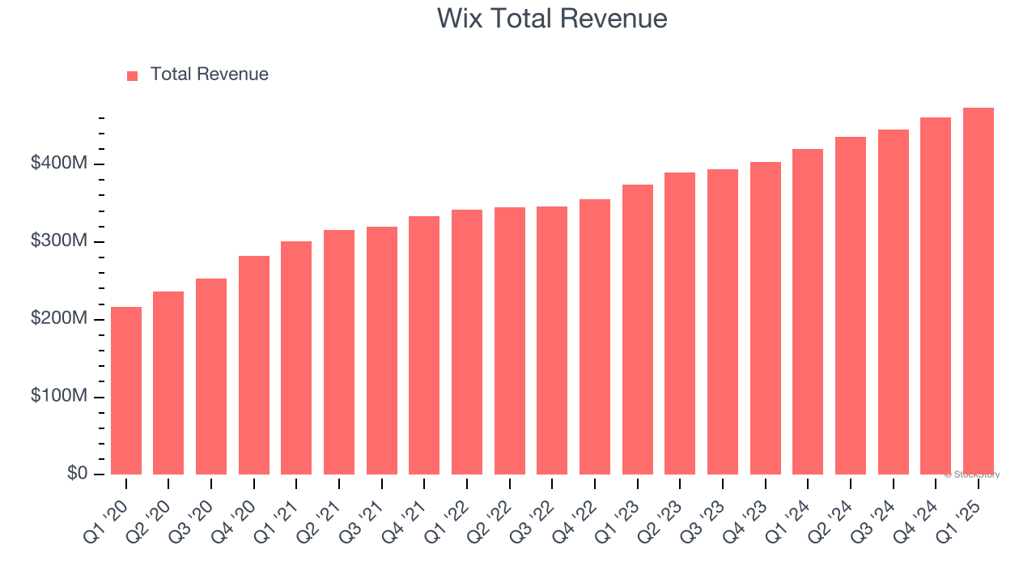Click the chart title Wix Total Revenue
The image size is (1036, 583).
pyautogui.click(x=552, y=19)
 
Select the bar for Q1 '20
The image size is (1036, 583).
pyautogui.click(x=126, y=390)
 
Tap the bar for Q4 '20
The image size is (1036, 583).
pyautogui.click(x=254, y=365)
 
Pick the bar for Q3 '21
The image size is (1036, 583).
pyautogui.click(x=382, y=351)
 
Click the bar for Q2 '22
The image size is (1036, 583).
pyautogui.click(x=510, y=341)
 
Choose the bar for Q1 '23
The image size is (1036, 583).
pyautogui.click(x=638, y=330)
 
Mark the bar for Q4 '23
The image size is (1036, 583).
pyautogui.click(x=766, y=318)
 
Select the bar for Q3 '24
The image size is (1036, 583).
pyautogui.click(x=894, y=302)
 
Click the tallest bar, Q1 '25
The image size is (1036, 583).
pyautogui.click(x=979, y=291)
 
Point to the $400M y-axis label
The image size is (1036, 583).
pyautogui.click(x=58, y=164)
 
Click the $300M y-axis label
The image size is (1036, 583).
pyautogui.click(x=58, y=241)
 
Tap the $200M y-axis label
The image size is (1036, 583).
pyautogui.click(x=58, y=319)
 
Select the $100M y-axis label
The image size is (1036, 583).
pyautogui.click(x=58, y=397)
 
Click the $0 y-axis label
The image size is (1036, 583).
pyautogui.click(x=77, y=474)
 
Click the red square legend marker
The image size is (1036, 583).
pyautogui.click(x=133, y=75)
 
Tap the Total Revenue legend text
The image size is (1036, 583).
pyautogui.click(x=209, y=74)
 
